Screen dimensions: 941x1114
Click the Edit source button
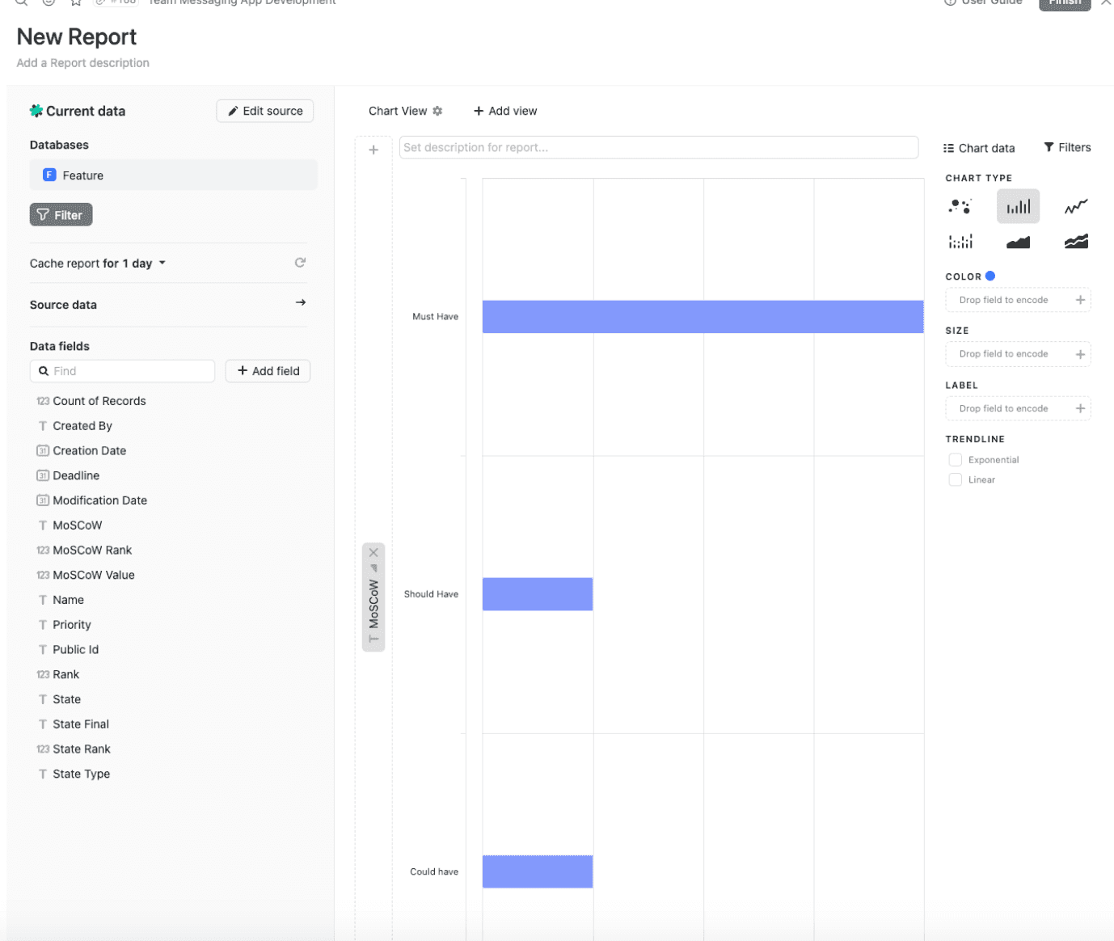(x=264, y=111)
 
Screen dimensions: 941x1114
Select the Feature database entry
(x=173, y=175)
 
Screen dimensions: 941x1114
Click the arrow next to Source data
(x=300, y=302)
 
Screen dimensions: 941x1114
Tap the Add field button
(x=268, y=371)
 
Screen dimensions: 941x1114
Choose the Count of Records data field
(x=99, y=401)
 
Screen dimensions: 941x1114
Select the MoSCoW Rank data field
(x=91, y=551)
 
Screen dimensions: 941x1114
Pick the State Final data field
(x=80, y=724)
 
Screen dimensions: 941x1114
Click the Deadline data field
(x=76, y=475)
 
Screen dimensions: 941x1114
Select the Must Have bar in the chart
(x=703, y=317)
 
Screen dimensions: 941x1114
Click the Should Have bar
(x=538, y=594)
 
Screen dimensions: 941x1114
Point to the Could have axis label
(x=433, y=871)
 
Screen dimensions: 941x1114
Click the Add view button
(x=505, y=111)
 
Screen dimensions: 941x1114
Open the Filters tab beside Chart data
(x=1067, y=147)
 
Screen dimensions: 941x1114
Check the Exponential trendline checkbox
(x=955, y=460)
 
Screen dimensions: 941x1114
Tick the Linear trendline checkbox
(x=955, y=479)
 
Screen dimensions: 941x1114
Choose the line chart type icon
(x=1075, y=207)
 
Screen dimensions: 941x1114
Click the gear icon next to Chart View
(x=437, y=111)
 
